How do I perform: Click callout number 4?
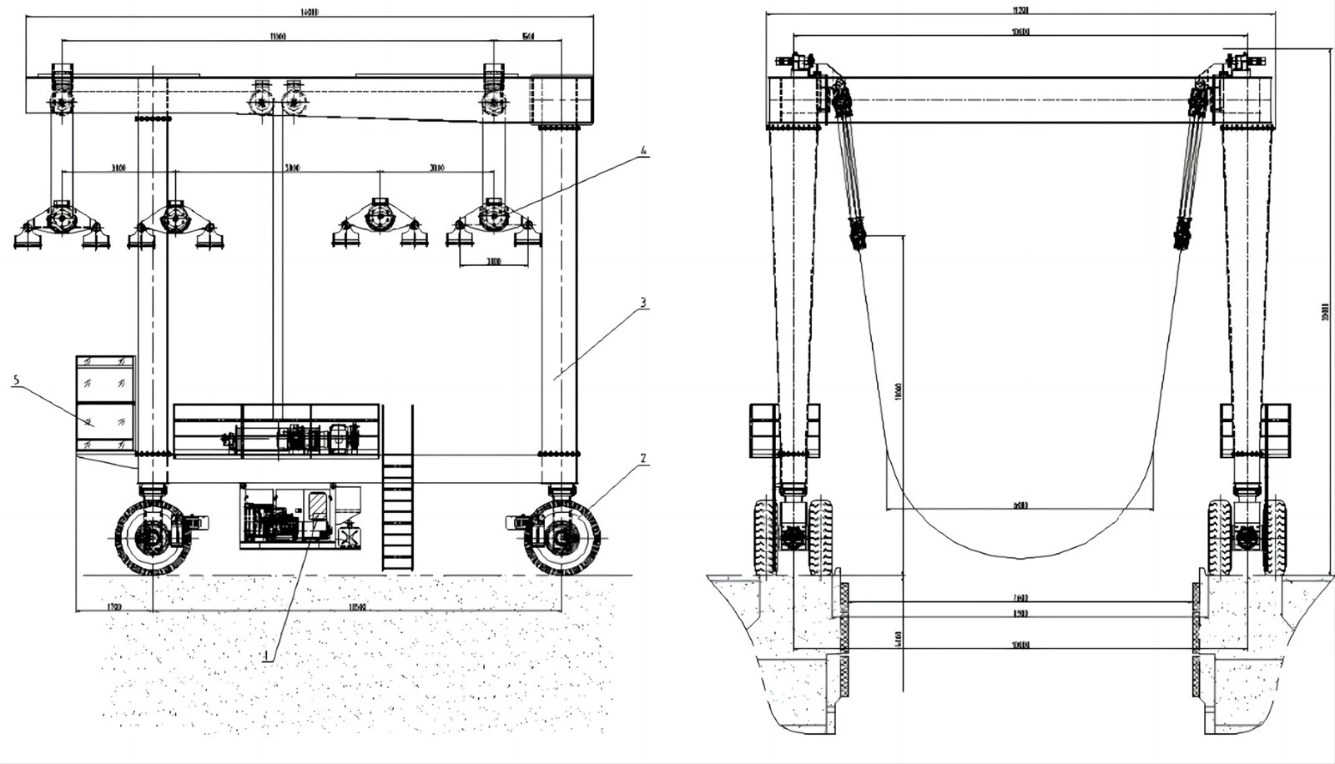point(642,152)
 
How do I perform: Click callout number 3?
point(642,303)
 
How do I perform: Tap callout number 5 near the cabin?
point(16,380)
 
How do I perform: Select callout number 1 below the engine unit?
point(265,656)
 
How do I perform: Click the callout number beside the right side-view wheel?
point(642,458)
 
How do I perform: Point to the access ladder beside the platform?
point(398,513)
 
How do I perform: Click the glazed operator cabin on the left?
point(105,405)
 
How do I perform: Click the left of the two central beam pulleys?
point(261,103)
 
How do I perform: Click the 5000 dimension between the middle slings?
point(292,168)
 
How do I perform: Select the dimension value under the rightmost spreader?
point(493,262)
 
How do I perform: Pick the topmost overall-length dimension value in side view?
point(308,13)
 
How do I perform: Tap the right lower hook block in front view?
point(1181,234)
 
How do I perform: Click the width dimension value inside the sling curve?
point(1020,505)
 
